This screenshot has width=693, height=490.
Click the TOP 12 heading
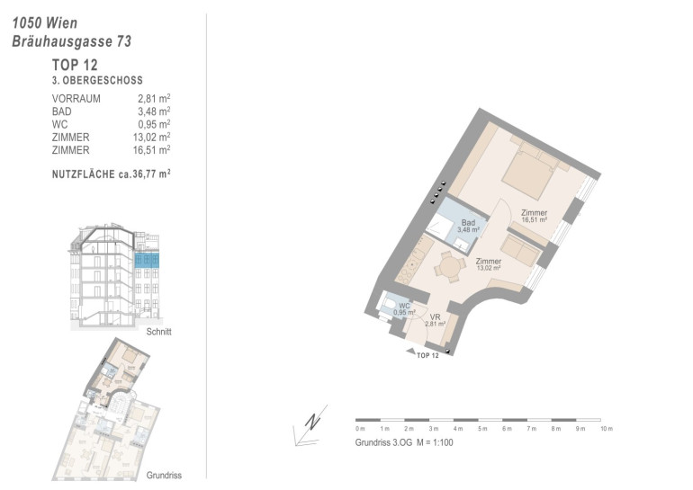tap(75, 65)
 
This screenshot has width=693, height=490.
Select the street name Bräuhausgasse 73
tap(72, 41)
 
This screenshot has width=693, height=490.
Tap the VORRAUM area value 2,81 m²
tap(154, 98)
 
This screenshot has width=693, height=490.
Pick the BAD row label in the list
tap(61, 111)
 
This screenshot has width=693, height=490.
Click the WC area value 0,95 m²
tap(154, 124)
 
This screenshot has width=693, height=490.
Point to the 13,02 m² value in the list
tap(151, 138)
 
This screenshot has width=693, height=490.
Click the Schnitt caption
tap(158, 332)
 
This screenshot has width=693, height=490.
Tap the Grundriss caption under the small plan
tap(164, 476)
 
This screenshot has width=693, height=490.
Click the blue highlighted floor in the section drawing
tap(147, 260)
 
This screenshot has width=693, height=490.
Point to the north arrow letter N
tap(313, 422)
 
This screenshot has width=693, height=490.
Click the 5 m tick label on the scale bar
tap(482, 429)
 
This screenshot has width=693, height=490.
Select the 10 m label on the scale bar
tap(607, 429)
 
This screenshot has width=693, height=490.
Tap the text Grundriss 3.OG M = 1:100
tap(404, 442)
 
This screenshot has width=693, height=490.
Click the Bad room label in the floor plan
tap(468, 223)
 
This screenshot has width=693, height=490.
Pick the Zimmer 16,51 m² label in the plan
tap(535, 216)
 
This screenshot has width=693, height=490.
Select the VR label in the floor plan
tap(435, 317)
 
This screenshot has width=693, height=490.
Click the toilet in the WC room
tap(390, 305)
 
